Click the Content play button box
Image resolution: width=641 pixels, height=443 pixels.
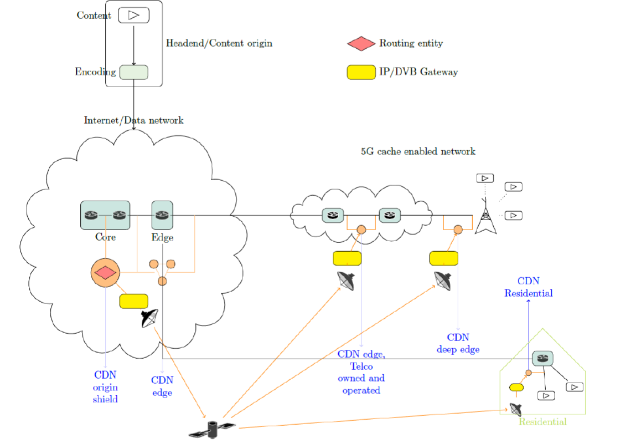pyautogui.click(x=133, y=16)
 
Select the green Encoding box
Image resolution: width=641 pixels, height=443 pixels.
pyautogui.click(x=133, y=72)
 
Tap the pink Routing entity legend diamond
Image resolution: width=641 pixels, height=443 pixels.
pyautogui.click(x=361, y=43)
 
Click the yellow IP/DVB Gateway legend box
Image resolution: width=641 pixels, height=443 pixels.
pyautogui.click(x=361, y=72)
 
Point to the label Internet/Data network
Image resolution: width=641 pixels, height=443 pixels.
pyautogui.click(x=133, y=120)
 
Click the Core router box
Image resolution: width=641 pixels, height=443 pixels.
pyautogui.click(x=105, y=215)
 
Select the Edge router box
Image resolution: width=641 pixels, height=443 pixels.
pyautogui.click(x=162, y=215)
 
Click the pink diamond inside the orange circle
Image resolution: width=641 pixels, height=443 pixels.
pyautogui.click(x=105, y=273)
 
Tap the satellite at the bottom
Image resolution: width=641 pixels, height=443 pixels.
pyautogui.click(x=212, y=430)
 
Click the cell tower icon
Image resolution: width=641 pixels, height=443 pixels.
pyautogui.click(x=485, y=217)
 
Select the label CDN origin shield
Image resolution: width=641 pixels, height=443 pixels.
pyautogui.click(x=105, y=387)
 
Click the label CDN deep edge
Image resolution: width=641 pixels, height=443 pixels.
pyautogui.click(x=458, y=343)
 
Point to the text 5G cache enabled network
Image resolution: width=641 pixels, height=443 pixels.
pyautogui.click(x=418, y=151)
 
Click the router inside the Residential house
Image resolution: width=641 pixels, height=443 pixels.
pyautogui.click(x=542, y=358)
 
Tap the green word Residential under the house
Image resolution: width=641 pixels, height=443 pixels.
pyautogui.click(x=542, y=422)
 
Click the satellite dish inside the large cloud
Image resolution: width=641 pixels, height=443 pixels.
pyautogui.click(x=150, y=318)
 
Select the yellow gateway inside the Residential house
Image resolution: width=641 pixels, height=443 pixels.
pyautogui.click(x=516, y=387)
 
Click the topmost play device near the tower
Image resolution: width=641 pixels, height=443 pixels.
pyautogui.click(x=485, y=178)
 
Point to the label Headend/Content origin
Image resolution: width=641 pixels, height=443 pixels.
pyautogui.click(x=219, y=43)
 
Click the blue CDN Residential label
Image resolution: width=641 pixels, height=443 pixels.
pyautogui.click(x=528, y=287)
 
